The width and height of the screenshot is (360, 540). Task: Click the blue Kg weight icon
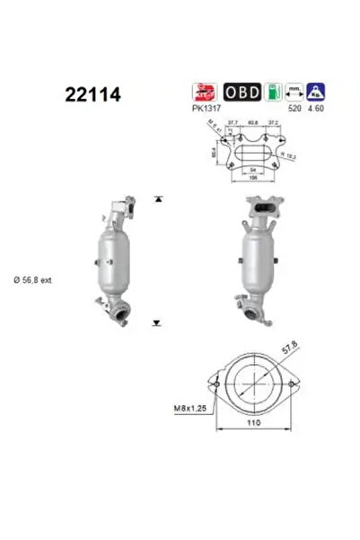[317, 92]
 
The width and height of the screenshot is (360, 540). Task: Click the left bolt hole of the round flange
[215, 386]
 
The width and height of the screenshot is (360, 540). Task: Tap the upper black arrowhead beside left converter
[156, 198]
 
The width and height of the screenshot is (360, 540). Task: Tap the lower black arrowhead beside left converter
[156, 320]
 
